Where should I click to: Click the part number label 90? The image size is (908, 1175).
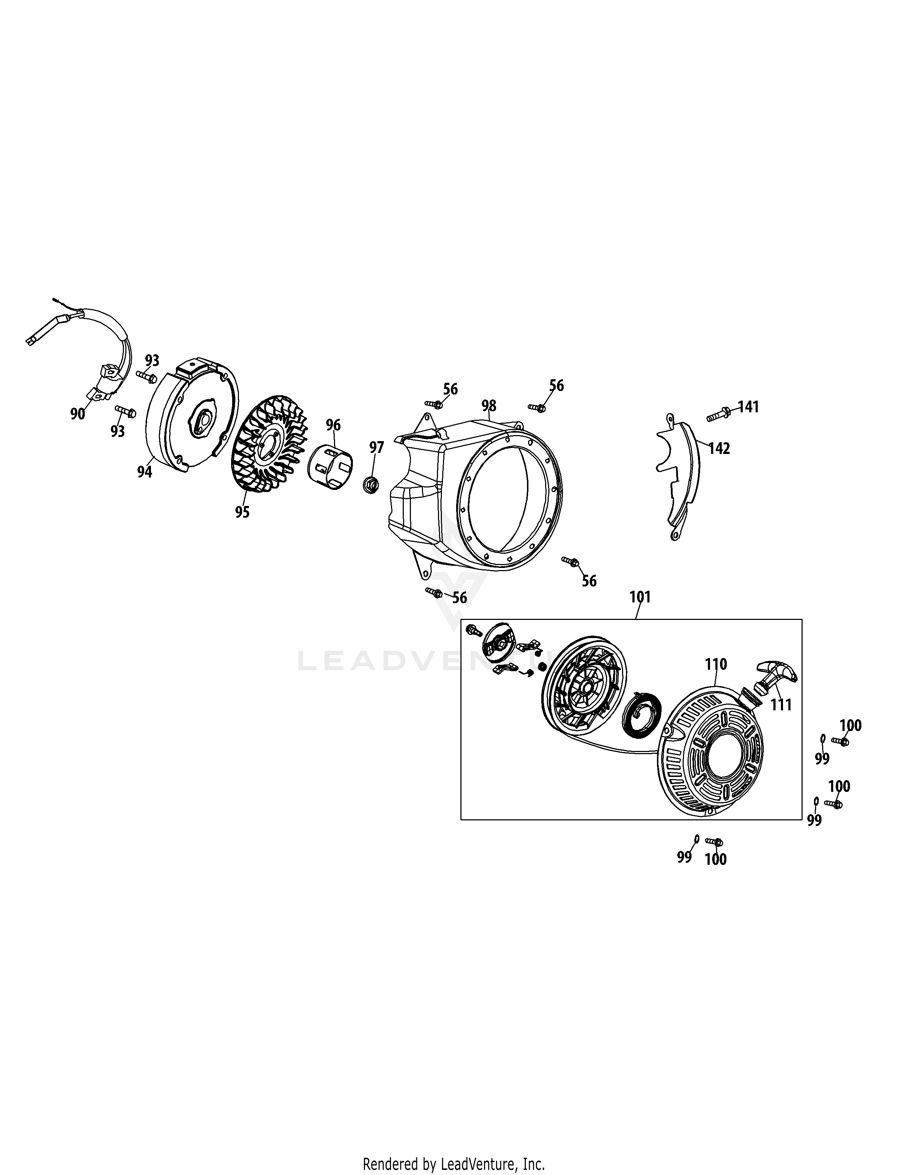[78, 414]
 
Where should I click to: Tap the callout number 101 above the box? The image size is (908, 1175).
[640, 597]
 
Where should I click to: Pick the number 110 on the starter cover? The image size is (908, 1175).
[716, 665]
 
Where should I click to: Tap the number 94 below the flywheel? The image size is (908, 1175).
[144, 472]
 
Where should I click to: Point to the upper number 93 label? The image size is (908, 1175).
[152, 360]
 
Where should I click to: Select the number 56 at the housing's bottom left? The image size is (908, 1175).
[459, 598]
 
